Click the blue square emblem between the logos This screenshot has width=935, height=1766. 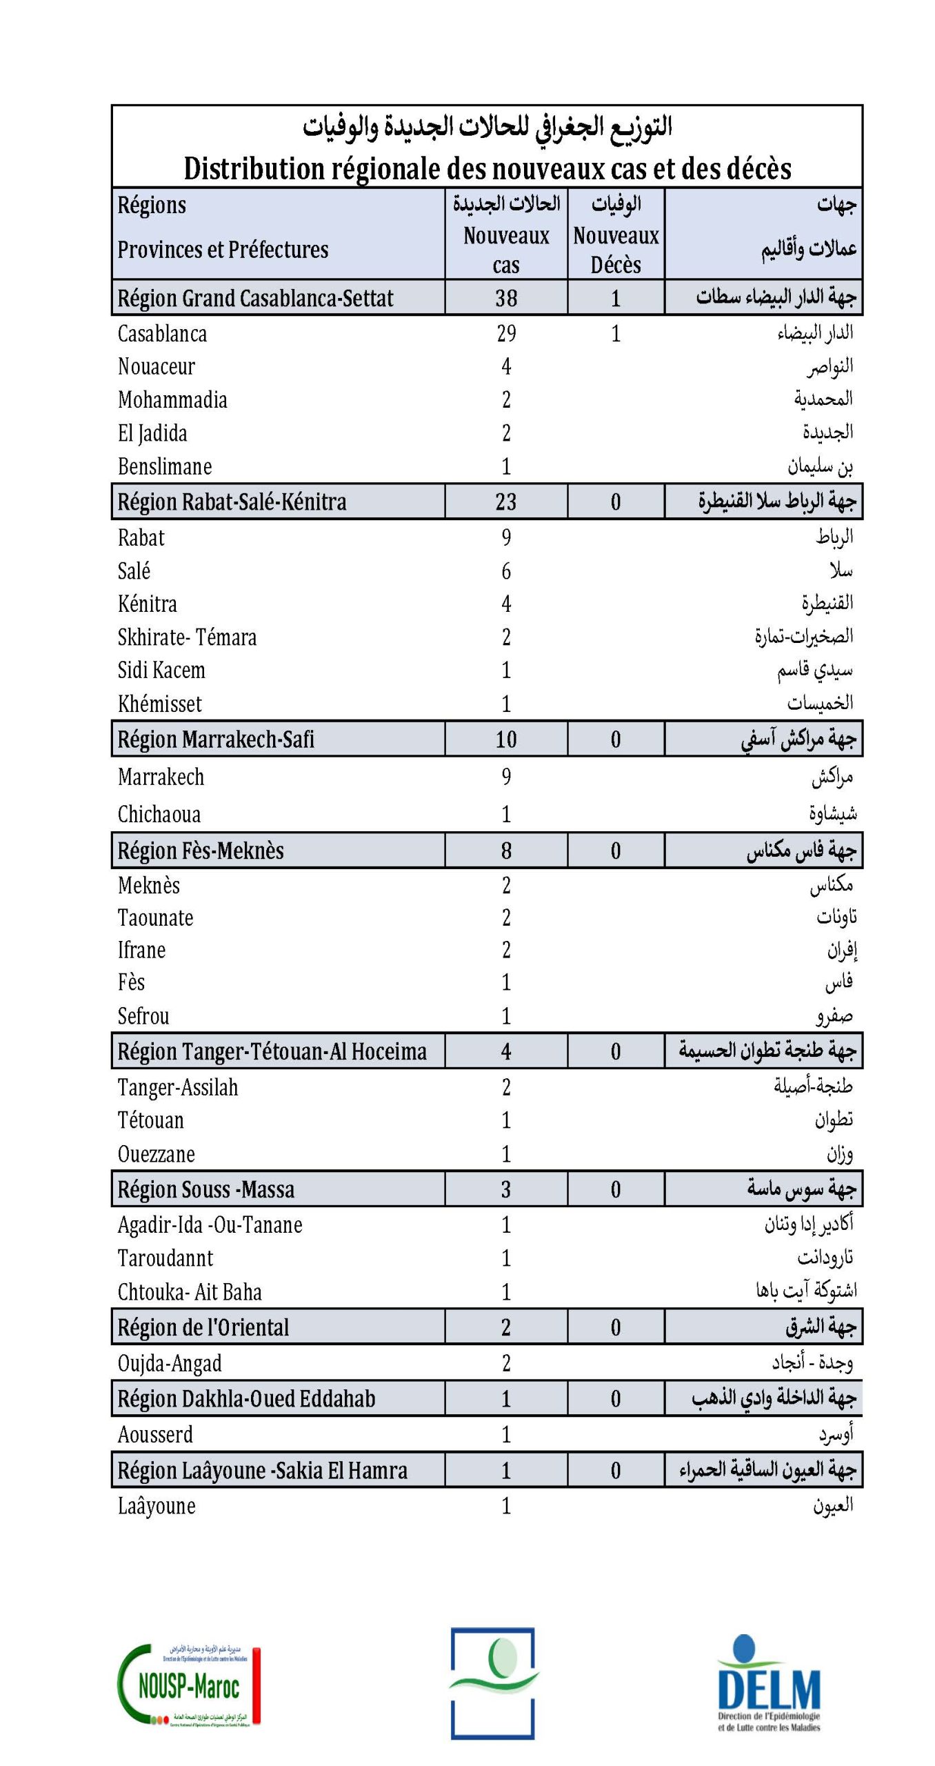pyautogui.click(x=493, y=1683)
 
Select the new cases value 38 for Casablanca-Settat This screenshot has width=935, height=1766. pyautogui.click(x=505, y=298)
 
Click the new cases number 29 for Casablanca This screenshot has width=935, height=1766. pyautogui.click(x=506, y=334)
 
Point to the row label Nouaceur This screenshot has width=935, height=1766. pyautogui.click(x=157, y=367)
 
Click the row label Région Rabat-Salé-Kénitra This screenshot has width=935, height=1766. pyautogui.click(x=232, y=502)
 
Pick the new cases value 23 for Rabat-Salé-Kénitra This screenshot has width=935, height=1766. pyautogui.click(x=505, y=502)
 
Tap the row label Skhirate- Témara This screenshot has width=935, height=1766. pyautogui.click(x=187, y=637)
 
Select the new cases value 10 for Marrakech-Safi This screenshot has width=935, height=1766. pyautogui.click(x=505, y=740)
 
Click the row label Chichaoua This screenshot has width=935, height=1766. pyautogui.click(x=159, y=815)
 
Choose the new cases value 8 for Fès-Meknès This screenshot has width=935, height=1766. pyautogui.click(x=506, y=851)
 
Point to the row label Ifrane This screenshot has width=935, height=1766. pyautogui.click(x=141, y=951)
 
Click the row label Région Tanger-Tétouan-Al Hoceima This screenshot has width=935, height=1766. pyautogui.click(x=272, y=1051)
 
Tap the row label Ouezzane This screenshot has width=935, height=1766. pyautogui.click(x=157, y=1154)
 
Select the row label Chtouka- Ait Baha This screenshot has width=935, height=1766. pyautogui.click(x=190, y=1292)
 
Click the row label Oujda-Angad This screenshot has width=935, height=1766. pyautogui.click(x=170, y=1363)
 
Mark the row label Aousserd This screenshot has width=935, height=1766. pyautogui.click(x=155, y=1435)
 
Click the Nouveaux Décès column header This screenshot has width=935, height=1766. pyautogui.click(x=616, y=250)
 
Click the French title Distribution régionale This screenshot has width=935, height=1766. pyautogui.click(x=487, y=168)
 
